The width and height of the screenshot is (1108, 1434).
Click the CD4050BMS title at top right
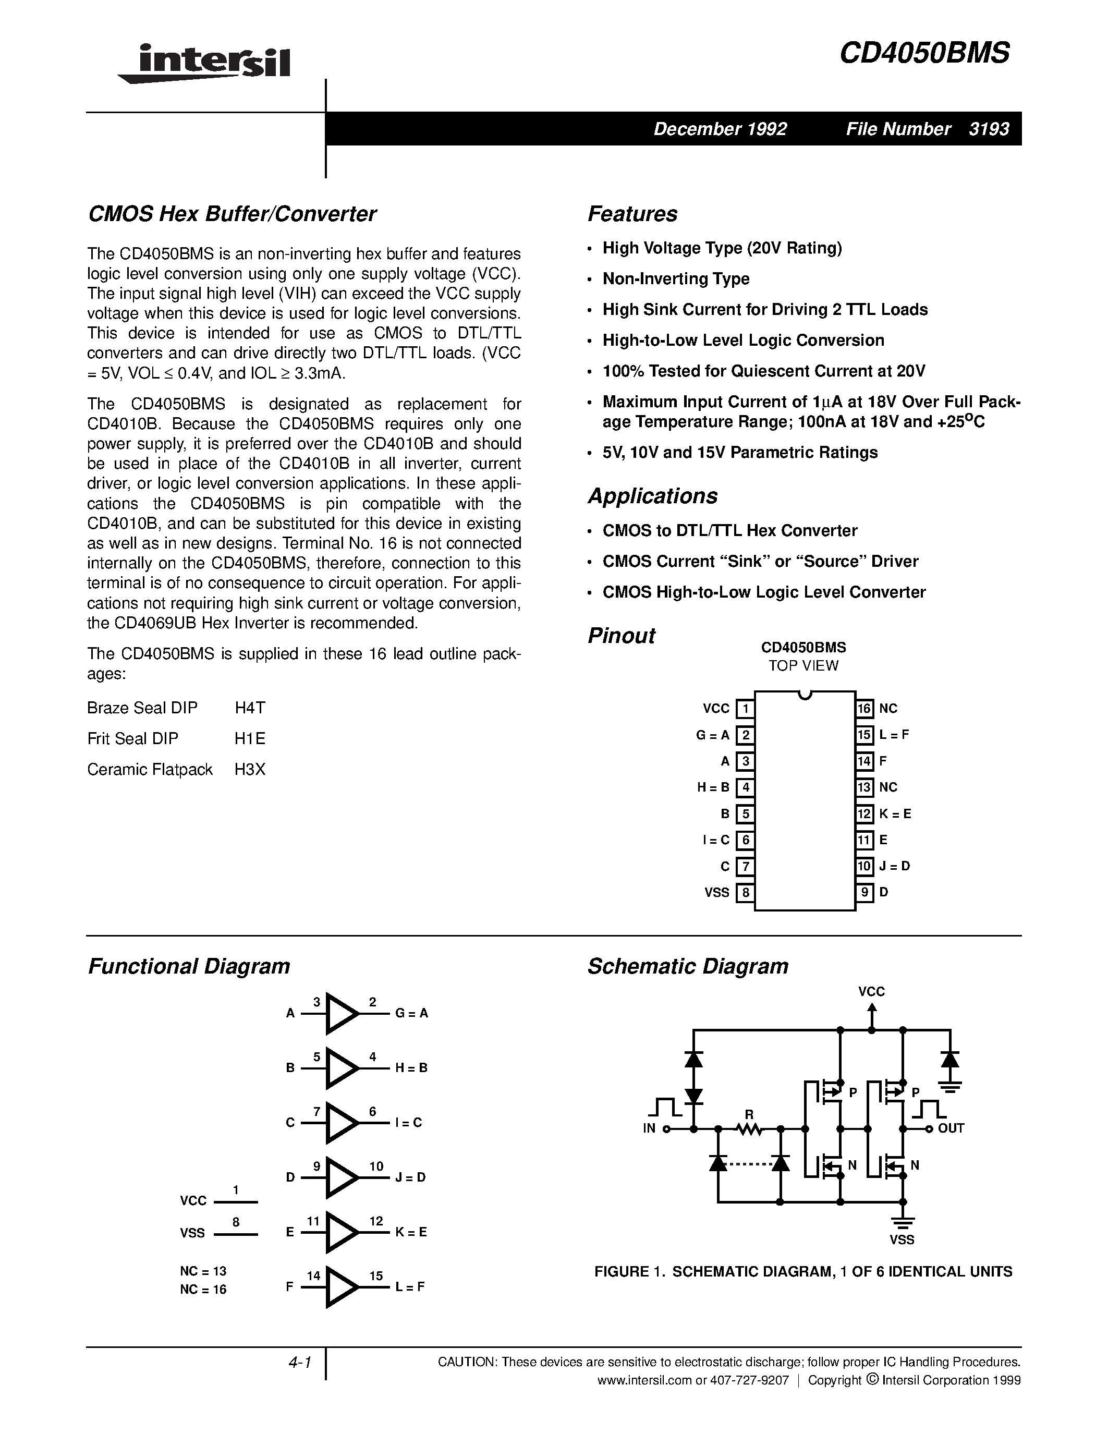coord(924,53)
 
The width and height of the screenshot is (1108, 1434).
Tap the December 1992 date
coord(720,129)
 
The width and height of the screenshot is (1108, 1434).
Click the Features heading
coord(632,214)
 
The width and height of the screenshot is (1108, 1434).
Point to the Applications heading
coord(652,496)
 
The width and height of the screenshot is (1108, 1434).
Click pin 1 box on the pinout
coord(745,709)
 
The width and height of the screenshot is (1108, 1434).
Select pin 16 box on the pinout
coord(865,709)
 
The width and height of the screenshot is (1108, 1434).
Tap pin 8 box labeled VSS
coord(745,893)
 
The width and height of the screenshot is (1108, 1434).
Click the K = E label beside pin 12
coord(895,814)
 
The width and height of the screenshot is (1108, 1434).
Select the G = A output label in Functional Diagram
coord(411,1013)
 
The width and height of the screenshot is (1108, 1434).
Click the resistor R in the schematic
coord(749,1128)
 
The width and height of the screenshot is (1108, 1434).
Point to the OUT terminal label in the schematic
coord(951,1128)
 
